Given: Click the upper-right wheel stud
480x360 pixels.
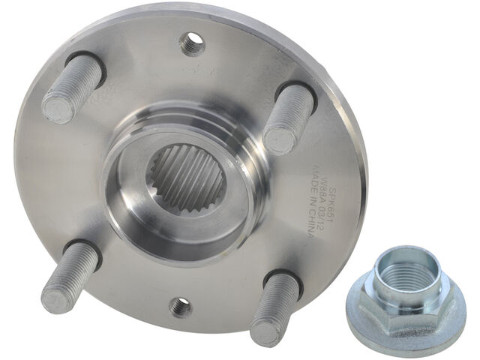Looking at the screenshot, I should coord(288,116).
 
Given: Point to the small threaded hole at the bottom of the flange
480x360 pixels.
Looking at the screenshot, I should coord(180,306).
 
